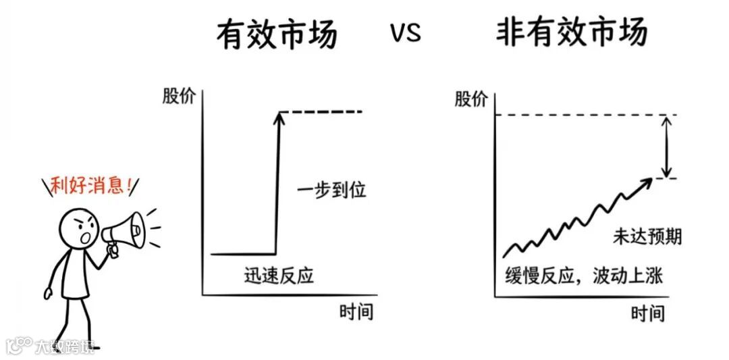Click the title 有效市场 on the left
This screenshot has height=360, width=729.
276,34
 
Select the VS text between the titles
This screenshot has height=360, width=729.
405,32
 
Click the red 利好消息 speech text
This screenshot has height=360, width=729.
88,186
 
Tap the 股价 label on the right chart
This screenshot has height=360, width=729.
470,99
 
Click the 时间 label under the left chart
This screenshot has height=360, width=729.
356,312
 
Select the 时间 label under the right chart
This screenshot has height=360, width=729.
648,313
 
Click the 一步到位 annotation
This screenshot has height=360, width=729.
331,190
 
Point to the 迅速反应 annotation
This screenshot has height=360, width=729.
279,276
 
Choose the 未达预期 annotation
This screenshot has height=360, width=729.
647,236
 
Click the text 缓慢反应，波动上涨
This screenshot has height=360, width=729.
584,276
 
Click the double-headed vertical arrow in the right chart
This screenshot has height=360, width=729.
666,146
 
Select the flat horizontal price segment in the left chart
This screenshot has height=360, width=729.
243,254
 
